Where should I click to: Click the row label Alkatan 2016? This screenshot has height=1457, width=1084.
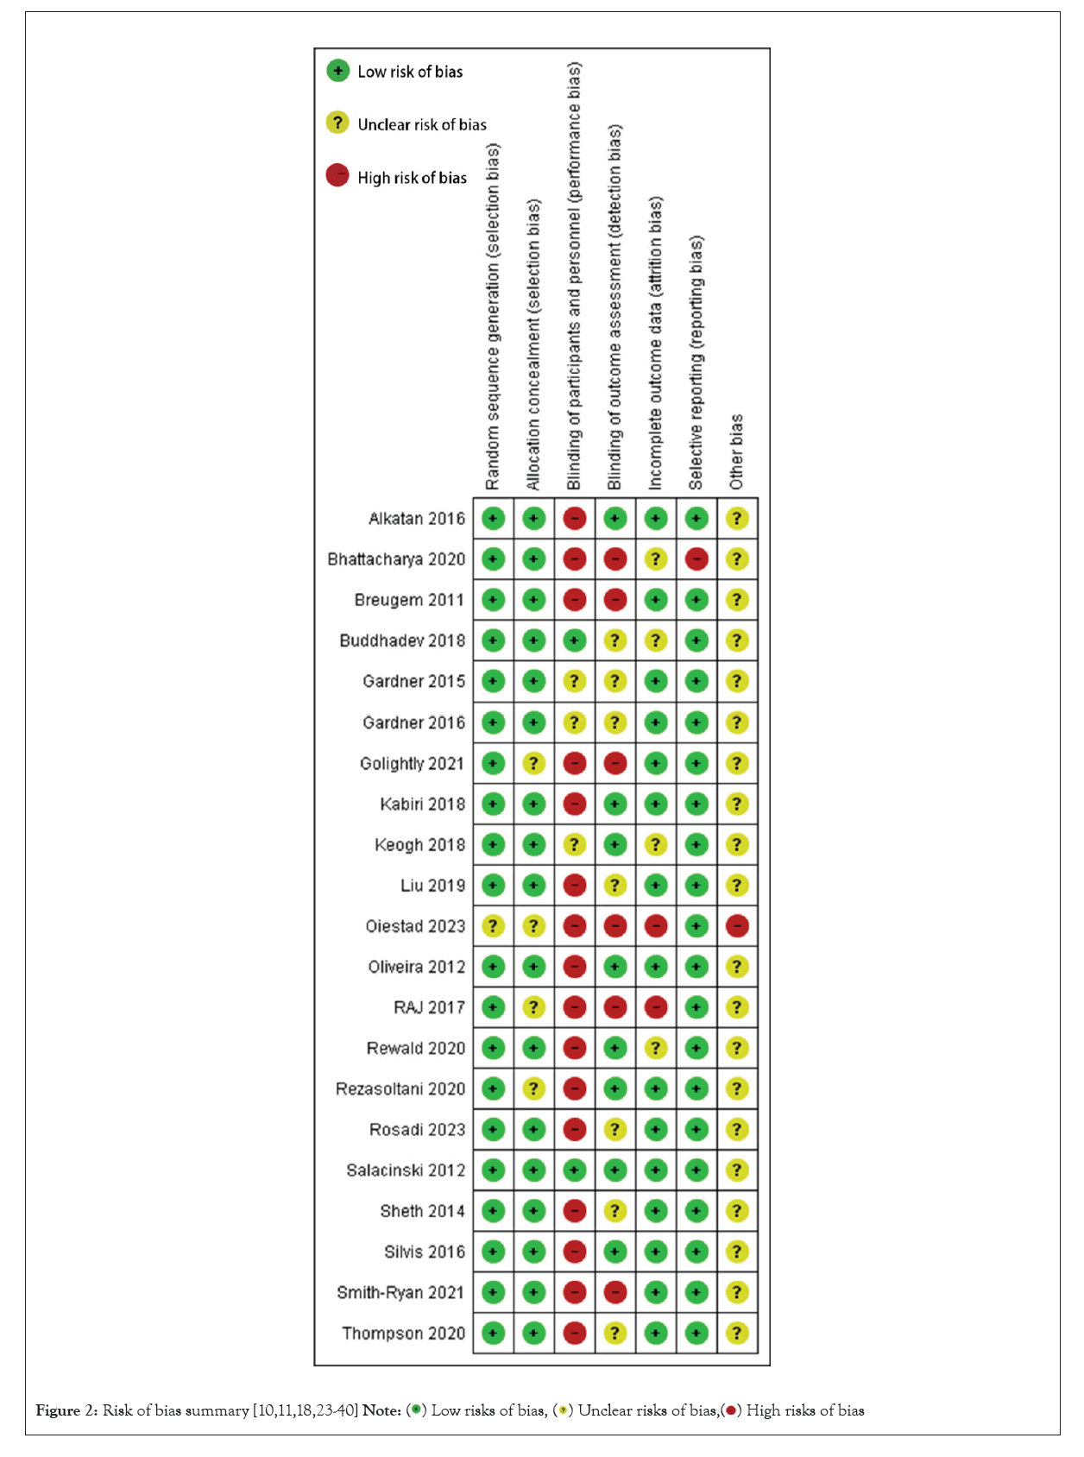click(416, 519)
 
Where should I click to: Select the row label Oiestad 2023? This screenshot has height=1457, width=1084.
click(414, 926)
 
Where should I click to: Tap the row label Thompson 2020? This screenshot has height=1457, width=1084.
click(403, 1334)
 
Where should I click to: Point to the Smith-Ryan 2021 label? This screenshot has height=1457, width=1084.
click(400, 1293)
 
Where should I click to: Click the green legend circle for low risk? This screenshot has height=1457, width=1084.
click(337, 71)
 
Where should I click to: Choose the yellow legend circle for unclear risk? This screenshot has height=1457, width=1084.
click(337, 123)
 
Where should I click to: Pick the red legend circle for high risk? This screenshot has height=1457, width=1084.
click(337, 176)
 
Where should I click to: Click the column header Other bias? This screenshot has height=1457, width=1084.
click(736, 451)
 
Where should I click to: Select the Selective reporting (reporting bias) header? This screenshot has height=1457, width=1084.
click(696, 363)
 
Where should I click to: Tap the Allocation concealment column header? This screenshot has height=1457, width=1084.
click(533, 345)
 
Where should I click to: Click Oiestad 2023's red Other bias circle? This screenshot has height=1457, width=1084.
click(737, 926)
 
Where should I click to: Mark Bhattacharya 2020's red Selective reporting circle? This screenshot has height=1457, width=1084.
click(696, 559)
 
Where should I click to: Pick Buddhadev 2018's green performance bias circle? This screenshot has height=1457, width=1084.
click(574, 640)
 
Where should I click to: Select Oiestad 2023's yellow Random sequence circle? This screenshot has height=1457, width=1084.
click(493, 926)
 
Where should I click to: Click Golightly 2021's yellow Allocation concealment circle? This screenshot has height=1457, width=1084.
click(533, 763)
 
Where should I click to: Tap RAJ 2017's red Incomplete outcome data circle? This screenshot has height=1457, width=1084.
click(656, 1007)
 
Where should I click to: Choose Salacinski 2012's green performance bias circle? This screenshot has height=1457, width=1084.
click(574, 1170)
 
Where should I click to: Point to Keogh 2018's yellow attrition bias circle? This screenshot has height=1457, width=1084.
click(656, 844)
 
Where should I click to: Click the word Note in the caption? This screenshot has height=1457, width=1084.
click(381, 1410)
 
